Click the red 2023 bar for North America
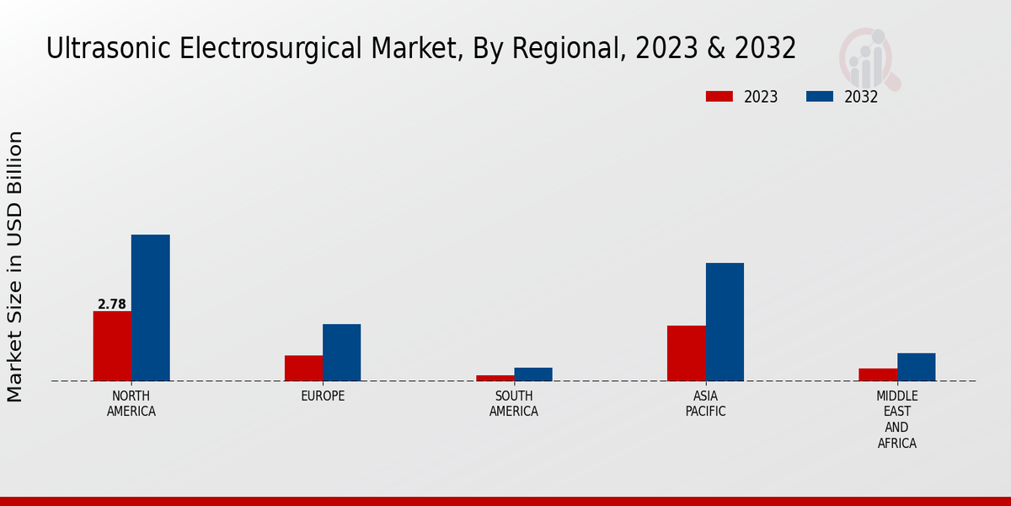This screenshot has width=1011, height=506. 112,346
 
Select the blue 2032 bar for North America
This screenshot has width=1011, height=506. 150,308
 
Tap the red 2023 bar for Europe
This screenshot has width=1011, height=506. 303,368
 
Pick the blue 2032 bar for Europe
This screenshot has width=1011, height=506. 341,353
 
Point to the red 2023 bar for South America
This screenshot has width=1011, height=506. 495,378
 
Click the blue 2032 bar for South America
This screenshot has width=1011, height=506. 533,374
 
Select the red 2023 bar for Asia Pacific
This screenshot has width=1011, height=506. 686,353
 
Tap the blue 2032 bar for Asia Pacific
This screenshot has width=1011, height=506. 725,322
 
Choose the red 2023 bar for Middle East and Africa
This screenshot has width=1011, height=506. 878,374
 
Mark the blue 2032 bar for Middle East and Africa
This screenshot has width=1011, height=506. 916,367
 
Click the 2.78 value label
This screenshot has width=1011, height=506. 112,304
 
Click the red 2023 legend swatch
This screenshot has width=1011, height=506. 719,97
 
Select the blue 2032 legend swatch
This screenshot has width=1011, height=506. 819,97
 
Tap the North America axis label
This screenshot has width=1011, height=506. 131,404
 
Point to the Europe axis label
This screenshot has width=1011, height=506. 323,396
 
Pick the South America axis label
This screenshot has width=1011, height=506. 514,404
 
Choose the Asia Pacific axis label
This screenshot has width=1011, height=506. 705,404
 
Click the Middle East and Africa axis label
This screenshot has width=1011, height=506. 897,419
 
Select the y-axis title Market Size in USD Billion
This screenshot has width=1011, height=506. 15,266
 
